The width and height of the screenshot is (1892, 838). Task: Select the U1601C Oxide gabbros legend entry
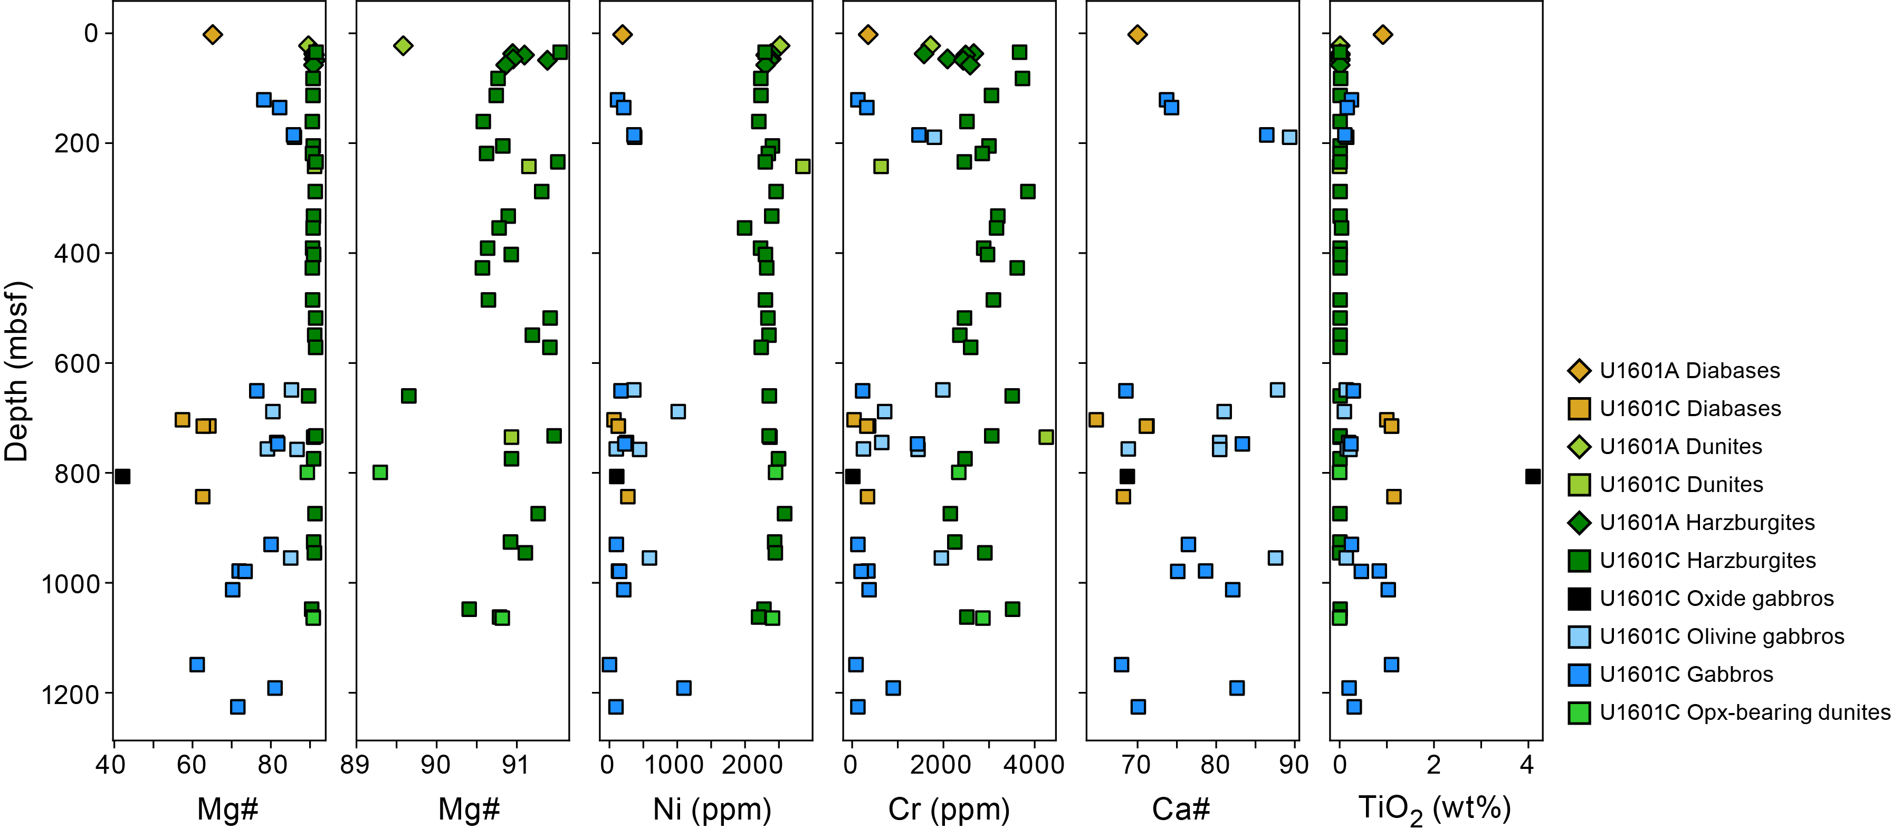click(1716, 599)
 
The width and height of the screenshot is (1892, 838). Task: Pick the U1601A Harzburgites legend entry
click(1706, 523)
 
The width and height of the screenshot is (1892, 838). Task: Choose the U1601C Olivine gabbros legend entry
click(1721, 637)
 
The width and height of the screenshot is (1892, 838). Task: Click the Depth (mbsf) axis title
click(16, 371)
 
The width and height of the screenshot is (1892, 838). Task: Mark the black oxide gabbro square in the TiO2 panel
click(1533, 477)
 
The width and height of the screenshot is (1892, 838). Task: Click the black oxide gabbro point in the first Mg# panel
click(122, 477)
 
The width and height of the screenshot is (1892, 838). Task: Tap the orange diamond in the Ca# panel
click(1138, 34)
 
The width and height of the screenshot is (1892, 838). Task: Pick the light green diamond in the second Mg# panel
click(403, 45)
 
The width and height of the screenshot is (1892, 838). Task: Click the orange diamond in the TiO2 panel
click(1383, 34)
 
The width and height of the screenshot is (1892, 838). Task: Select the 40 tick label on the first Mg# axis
click(111, 765)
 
